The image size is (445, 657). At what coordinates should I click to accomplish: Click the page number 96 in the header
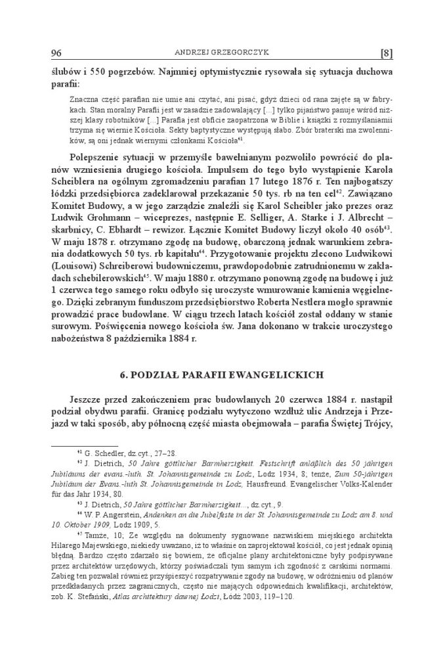click(56, 52)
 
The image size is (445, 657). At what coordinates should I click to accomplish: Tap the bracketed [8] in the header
click(386, 52)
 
